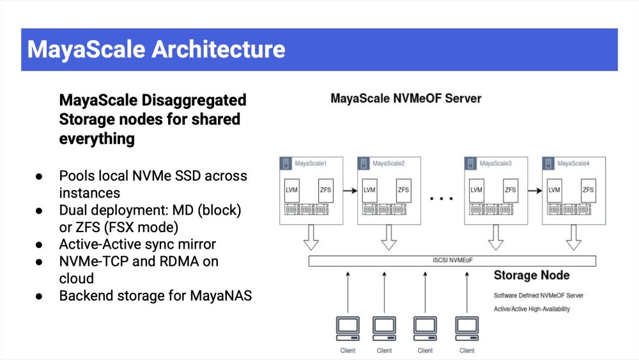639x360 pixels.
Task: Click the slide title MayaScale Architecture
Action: click(156, 49)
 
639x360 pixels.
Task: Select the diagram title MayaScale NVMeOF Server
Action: click(406, 99)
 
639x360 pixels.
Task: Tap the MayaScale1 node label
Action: click(311, 164)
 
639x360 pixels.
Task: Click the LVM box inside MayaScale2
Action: click(369, 190)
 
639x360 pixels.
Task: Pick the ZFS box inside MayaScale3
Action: click(510, 190)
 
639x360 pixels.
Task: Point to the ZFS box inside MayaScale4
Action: click(588, 190)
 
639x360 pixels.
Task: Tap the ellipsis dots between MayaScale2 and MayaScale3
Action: click(441, 198)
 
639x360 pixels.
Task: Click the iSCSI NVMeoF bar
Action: click(452, 261)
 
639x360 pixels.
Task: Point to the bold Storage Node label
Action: click(532, 276)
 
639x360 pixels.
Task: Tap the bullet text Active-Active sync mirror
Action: click(137, 244)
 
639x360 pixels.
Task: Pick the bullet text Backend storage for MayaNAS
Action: click(155, 296)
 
